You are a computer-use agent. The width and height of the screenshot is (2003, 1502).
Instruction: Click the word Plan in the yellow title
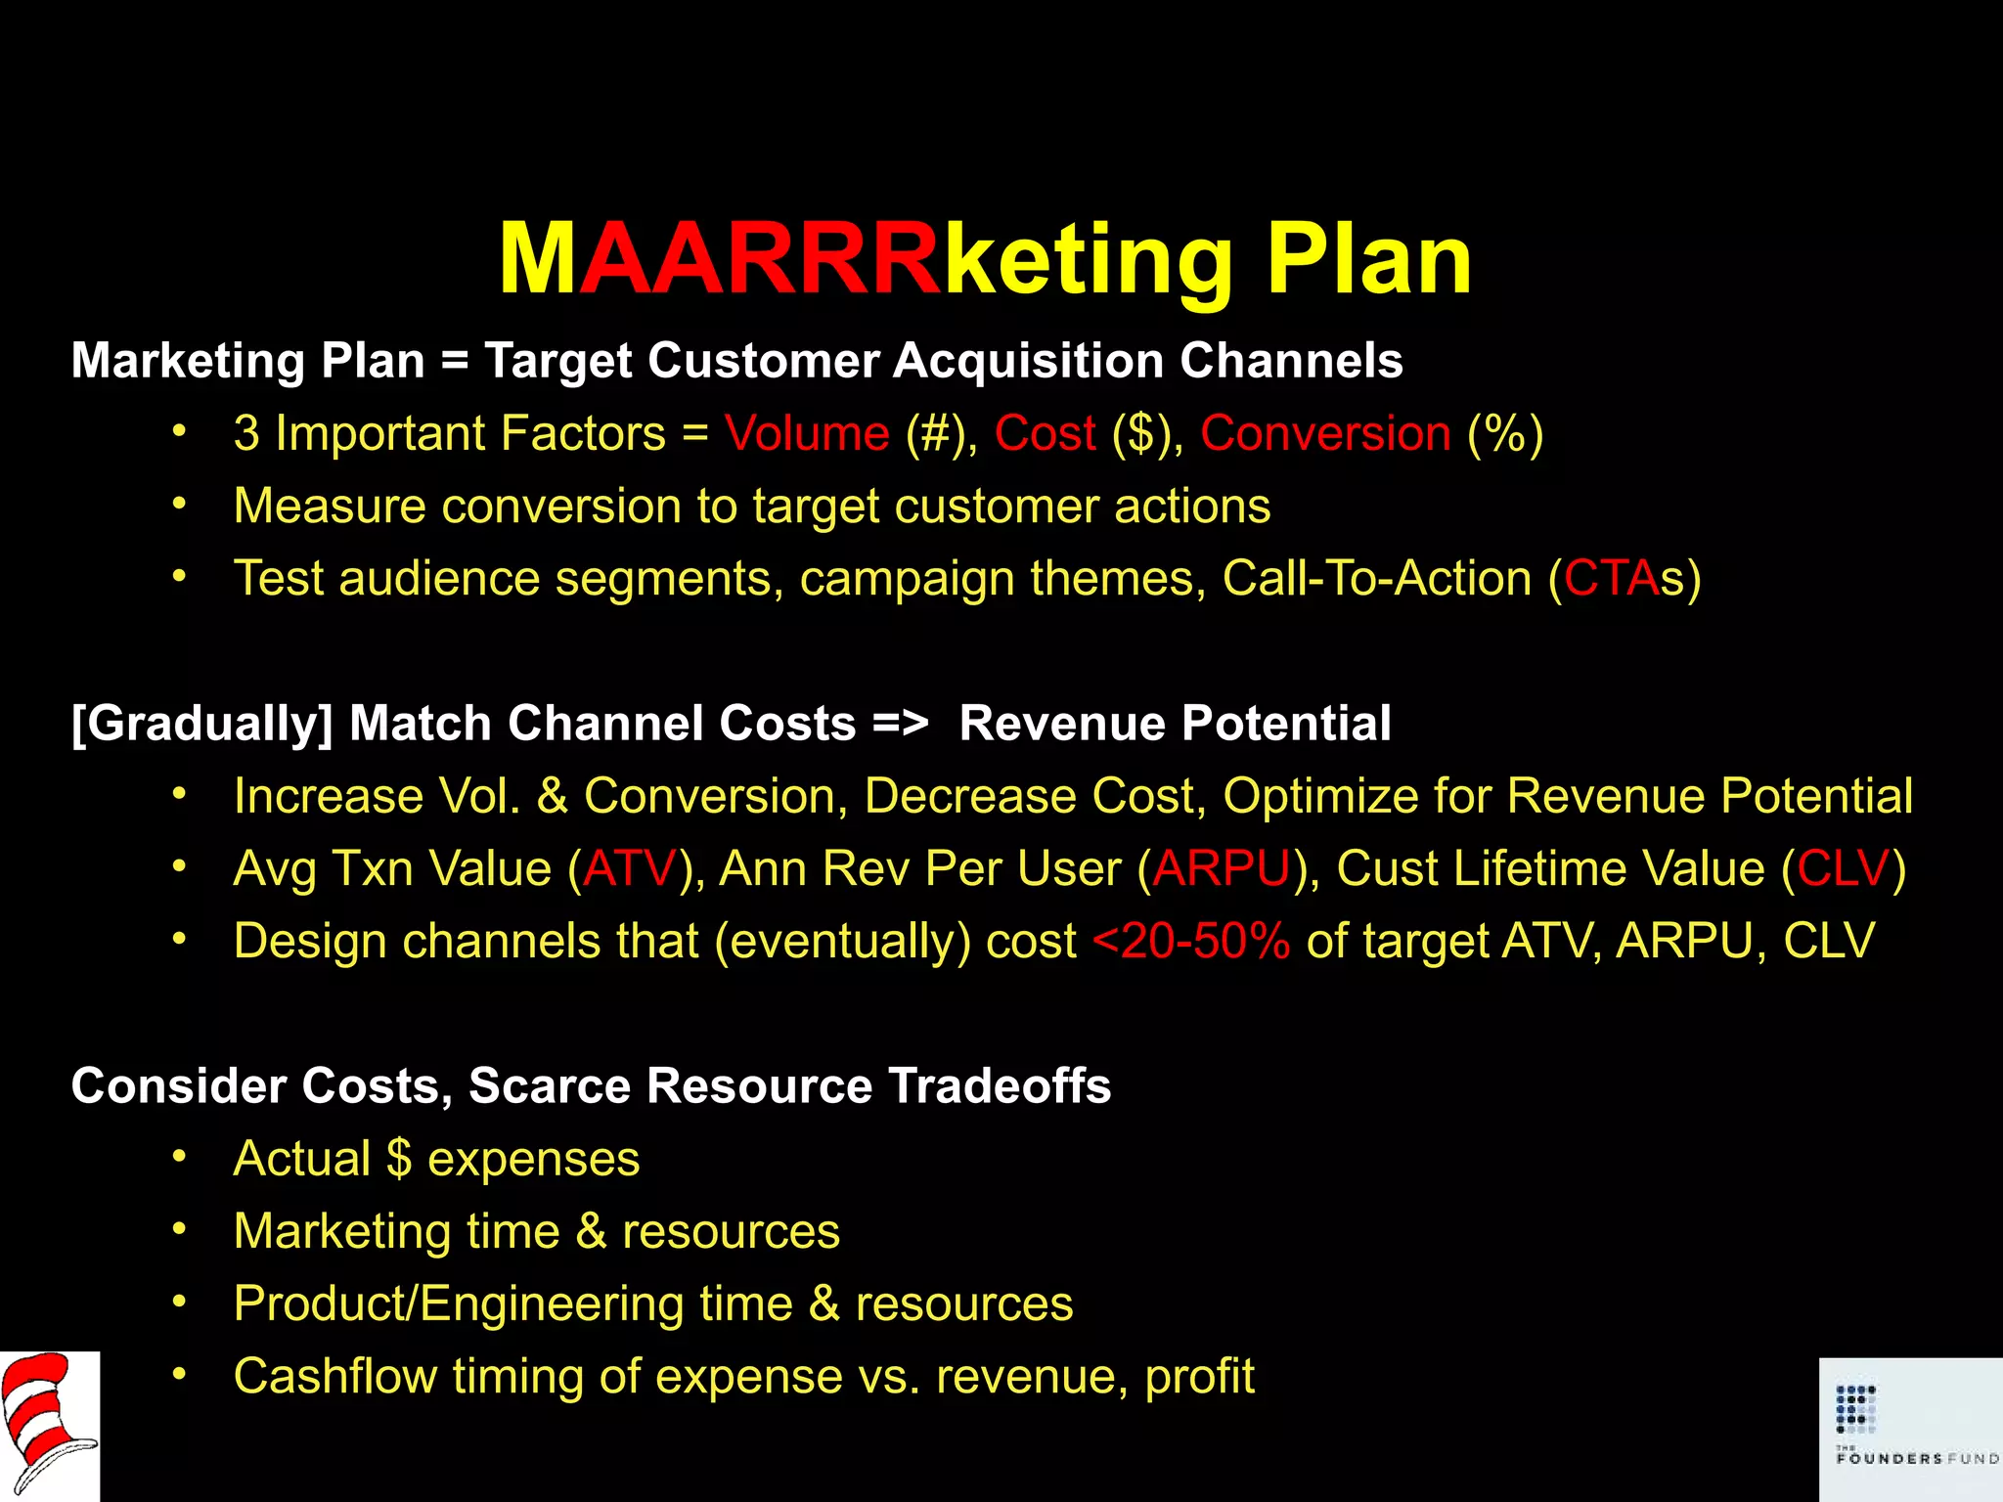[x=1368, y=260]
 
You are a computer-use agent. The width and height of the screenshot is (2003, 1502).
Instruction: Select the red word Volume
[x=807, y=433]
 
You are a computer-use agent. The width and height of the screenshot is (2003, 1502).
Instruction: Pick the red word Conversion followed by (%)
[x=1325, y=433]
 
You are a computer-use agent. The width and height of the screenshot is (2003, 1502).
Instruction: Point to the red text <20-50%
[x=1191, y=941]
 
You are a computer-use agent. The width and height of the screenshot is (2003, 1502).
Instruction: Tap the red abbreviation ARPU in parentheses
[x=1222, y=868]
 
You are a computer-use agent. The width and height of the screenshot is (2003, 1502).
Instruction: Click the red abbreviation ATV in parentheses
[x=630, y=868]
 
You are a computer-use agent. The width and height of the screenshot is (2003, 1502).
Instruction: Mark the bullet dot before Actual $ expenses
[x=179, y=1157]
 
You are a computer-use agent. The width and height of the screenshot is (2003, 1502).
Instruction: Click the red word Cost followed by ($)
[x=1045, y=433]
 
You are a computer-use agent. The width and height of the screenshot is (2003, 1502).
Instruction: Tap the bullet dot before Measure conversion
[x=179, y=505]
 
